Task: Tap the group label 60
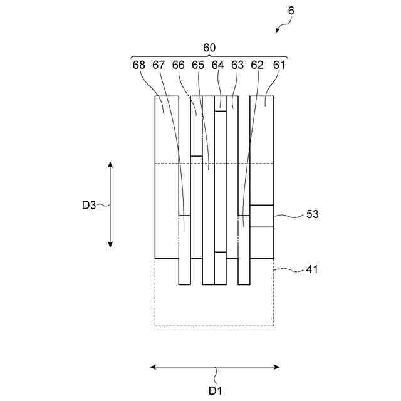coord(209,47)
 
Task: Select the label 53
coord(313,214)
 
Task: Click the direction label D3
coord(89,204)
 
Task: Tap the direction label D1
coord(216,390)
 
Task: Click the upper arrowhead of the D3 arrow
coord(110,164)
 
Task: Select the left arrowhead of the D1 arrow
coord(154,367)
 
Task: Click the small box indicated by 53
coord(262,216)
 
